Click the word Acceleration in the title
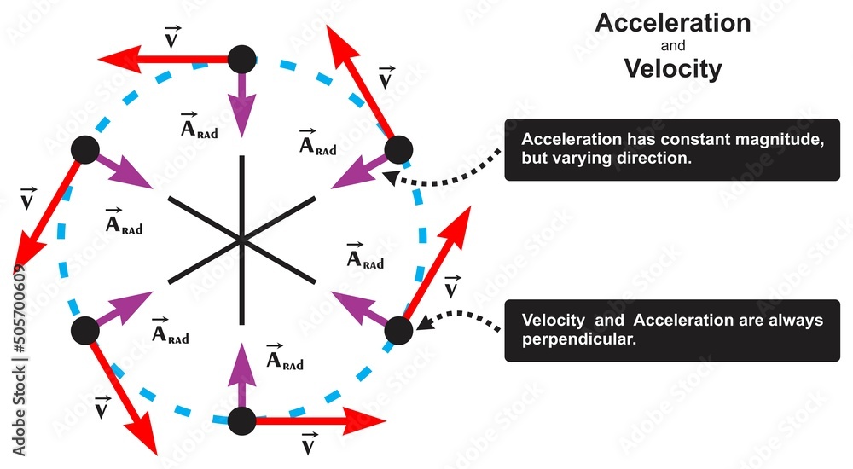pyautogui.click(x=673, y=23)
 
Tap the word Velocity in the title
pyautogui.click(x=673, y=68)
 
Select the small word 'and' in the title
pyautogui.click(x=673, y=47)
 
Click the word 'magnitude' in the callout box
pyautogui.click(x=785, y=140)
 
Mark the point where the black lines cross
pyautogui.click(x=243, y=240)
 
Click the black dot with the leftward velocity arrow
pyautogui.click(x=243, y=61)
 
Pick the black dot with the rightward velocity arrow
pyautogui.click(x=243, y=420)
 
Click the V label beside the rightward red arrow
pyautogui.click(x=310, y=445)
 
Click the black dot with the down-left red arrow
pyautogui.click(x=84, y=151)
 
